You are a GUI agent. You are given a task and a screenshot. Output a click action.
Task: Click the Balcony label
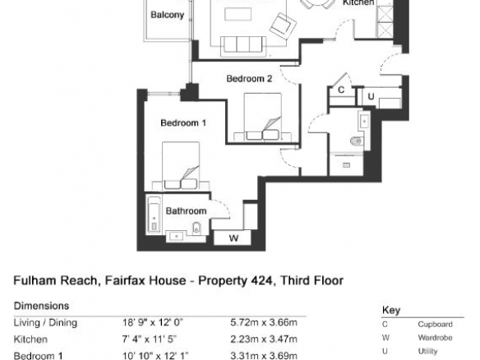click(167, 15)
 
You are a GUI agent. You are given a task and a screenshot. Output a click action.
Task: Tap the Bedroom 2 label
click(249, 79)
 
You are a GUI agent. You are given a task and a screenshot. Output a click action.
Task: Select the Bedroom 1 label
click(183, 123)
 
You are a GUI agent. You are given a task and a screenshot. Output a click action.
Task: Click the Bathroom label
click(186, 211)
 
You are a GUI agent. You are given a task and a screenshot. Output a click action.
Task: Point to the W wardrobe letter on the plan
click(234, 238)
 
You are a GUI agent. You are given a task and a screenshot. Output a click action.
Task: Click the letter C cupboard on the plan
click(341, 90)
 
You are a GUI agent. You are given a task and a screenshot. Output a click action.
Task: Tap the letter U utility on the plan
click(371, 97)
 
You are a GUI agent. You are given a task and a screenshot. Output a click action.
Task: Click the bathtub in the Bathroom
click(155, 215)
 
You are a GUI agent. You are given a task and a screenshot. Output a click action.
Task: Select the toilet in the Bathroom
click(196, 228)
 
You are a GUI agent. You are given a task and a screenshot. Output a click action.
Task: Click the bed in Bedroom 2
click(263, 117)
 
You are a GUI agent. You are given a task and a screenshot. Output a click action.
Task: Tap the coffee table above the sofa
click(238, 15)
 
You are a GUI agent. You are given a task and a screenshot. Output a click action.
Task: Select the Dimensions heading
click(41, 306)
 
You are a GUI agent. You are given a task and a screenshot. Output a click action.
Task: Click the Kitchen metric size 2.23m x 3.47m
click(264, 339)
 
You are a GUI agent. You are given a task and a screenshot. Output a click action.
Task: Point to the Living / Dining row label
click(45, 323)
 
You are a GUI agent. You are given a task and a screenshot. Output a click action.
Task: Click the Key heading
click(391, 311)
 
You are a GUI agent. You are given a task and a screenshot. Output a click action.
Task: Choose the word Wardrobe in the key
click(435, 338)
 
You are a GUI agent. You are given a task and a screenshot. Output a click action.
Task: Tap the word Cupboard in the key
click(435, 325)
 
